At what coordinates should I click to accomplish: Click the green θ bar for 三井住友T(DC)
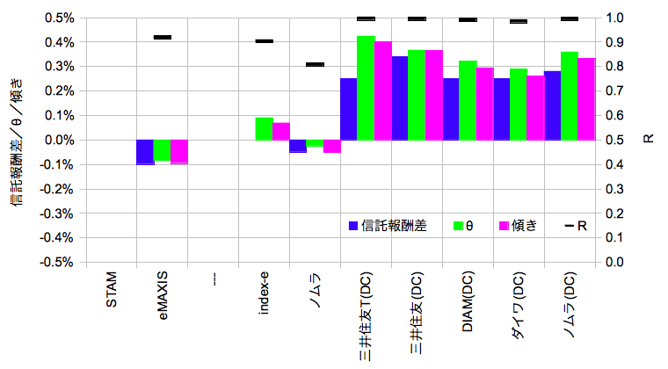pos(366,88)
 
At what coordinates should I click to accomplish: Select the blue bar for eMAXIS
pos(145,152)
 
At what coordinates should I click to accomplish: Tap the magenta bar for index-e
pos(281,131)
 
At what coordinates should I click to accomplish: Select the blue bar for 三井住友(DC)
pos(400,98)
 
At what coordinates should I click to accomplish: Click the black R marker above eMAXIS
pos(163,37)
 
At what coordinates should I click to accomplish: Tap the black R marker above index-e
pos(264,41)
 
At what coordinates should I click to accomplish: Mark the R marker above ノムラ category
pos(315,64)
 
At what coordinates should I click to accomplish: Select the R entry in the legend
pos(577,226)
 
